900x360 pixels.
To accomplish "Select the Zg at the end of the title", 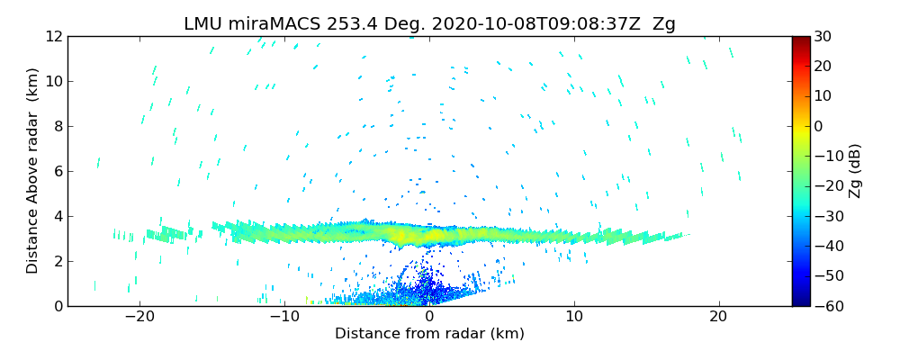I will (x=663, y=24).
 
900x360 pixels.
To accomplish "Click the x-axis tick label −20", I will (x=139, y=317).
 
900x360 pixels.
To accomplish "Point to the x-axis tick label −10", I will (x=284, y=317).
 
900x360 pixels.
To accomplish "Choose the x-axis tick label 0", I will (x=429, y=317).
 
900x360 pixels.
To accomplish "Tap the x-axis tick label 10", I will (x=574, y=317).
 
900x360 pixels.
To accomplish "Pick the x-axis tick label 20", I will (x=718, y=317).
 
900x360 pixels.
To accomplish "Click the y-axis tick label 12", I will (x=53, y=37).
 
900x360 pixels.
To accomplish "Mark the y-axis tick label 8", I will (x=58, y=127).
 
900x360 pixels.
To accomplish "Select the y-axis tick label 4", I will (x=58, y=217).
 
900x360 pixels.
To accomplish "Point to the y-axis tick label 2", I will (x=58, y=262).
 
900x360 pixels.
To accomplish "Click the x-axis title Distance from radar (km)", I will (x=429, y=334).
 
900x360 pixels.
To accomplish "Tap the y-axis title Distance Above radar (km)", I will (x=32, y=171).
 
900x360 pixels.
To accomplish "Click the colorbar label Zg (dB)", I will (x=856, y=171).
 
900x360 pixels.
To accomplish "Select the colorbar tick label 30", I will (x=823, y=37).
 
